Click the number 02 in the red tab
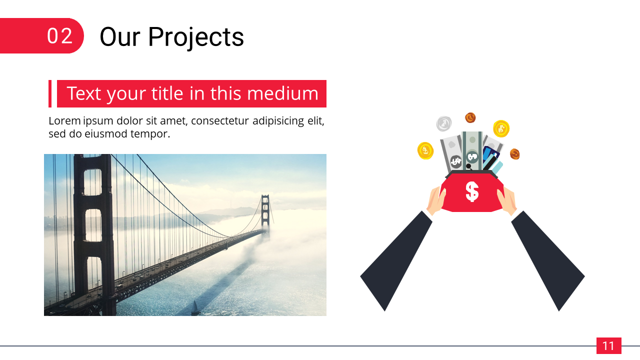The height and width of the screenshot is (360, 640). tap(59, 36)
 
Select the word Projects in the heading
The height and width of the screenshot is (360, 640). tap(196, 37)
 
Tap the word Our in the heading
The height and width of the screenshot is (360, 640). tap(119, 36)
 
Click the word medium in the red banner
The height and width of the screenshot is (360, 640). tap(282, 93)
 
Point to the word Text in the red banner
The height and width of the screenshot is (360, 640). tap(84, 93)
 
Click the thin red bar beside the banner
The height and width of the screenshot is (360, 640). tap(50, 93)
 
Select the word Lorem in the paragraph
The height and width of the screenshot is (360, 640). tap(64, 120)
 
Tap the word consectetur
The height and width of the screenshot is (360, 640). tap(220, 121)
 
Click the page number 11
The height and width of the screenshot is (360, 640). tap(608, 346)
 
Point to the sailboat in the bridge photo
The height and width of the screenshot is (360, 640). tap(195, 307)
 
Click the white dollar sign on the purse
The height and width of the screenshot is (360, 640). tap(472, 191)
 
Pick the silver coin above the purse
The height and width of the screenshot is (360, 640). tap(444, 123)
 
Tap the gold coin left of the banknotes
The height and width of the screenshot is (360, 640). tap(425, 150)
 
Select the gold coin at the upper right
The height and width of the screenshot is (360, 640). tap(501, 128)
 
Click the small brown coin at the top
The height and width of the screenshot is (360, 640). tap(470, 117)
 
